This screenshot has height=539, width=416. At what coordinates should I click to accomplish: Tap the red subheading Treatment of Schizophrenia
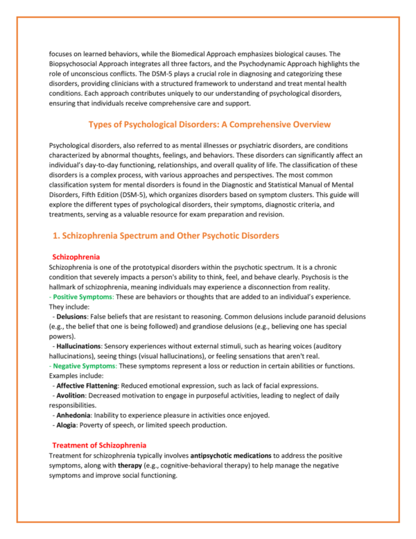[99, 444]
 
